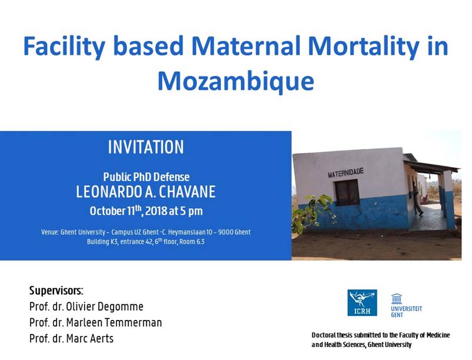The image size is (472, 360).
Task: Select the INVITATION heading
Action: [146, 147]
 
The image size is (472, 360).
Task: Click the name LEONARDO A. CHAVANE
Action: [146, 192]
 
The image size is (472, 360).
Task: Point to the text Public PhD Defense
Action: [146, 177]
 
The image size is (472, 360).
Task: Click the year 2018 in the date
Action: [156, 211]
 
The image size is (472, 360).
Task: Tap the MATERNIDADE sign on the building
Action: [346, 173]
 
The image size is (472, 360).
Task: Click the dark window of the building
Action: [347, 193]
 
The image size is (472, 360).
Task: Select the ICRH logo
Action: [362, 302]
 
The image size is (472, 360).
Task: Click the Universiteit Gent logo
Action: [406, 305]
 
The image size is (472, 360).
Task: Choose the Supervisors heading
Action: [56, 291]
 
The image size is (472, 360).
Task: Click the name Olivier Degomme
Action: [105, 306]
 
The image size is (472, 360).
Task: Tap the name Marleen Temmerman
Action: [114, 322]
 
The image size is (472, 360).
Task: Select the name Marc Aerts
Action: [90, 339]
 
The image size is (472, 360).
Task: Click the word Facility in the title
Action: [64, 46]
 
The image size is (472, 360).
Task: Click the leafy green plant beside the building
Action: [314, 211]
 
